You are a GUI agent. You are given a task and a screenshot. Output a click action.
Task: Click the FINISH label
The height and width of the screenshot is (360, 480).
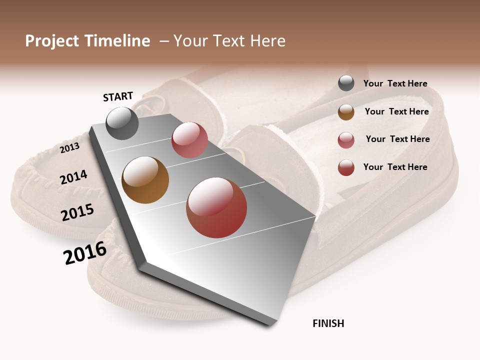click(328, 323)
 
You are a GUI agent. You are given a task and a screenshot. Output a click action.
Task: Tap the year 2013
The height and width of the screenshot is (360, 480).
click(69, 147)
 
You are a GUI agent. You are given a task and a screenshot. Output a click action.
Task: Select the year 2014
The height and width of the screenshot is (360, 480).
click(73, 177)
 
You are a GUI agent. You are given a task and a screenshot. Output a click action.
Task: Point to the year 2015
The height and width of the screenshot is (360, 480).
click(77, 212)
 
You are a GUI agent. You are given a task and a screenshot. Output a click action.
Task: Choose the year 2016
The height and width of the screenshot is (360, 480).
click(85, 252)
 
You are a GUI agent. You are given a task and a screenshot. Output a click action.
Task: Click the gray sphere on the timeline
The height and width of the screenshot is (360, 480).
click(122, 123)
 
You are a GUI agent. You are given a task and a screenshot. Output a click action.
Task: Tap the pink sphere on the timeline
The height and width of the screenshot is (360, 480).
click(189, 140)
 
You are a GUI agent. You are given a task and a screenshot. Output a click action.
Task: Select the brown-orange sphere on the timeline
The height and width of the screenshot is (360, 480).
click(145, 180)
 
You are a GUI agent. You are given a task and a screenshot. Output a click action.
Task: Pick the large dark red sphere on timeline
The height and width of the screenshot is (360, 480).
click(216, 207)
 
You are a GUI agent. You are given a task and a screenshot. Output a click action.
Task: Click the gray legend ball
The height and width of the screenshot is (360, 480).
click(346, 83)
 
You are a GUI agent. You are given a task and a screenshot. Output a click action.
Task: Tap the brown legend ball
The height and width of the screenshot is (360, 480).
click(346, 112)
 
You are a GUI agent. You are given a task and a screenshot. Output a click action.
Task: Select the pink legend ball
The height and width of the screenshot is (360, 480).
click(346, 140)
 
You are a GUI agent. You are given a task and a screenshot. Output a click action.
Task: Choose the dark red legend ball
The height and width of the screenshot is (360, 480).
click(346, 167)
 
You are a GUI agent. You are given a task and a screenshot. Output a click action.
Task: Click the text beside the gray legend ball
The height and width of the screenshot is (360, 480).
click(395, 83)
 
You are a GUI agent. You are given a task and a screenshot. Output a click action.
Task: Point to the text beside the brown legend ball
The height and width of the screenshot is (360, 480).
click(396, 111)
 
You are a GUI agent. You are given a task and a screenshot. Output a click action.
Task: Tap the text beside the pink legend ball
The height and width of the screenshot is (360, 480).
click(397, 139)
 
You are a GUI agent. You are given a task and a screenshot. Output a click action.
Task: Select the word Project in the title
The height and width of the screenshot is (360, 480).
click(52, 41)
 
